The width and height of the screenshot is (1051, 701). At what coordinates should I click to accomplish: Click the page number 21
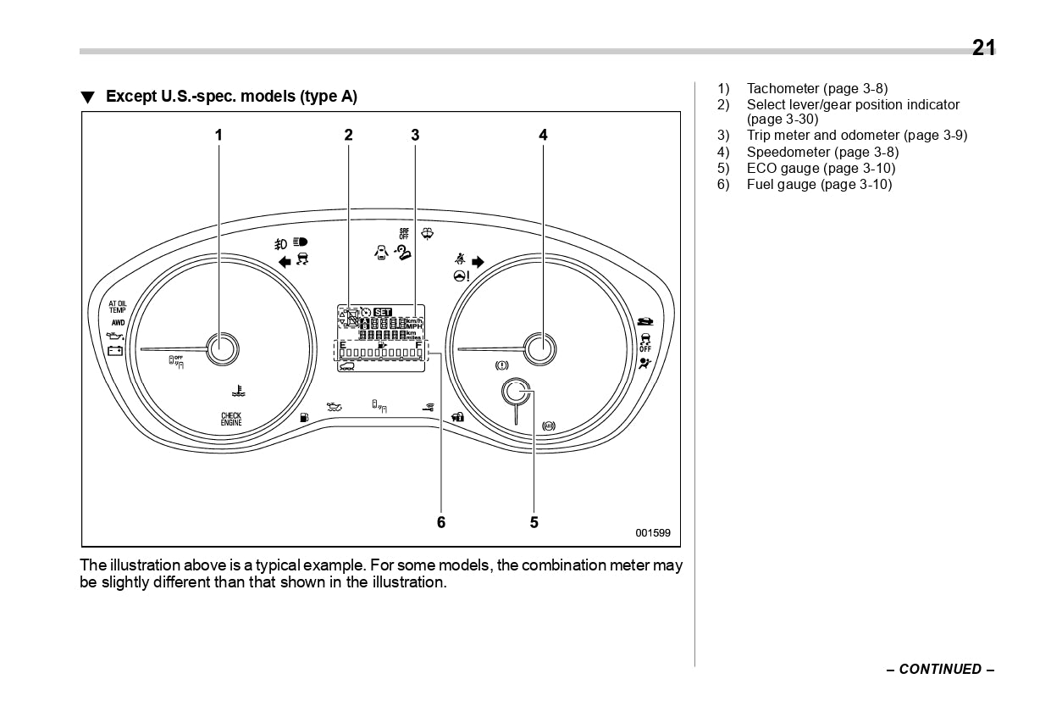(x=983, y=48)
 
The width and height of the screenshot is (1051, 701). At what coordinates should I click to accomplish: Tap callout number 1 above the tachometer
(x=218, y=135)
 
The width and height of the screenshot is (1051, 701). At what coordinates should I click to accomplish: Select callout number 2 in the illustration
(x=348, y=135)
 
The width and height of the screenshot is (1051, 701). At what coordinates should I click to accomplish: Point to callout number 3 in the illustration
(x=415, y=135)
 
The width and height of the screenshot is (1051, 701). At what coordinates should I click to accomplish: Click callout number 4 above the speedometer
(x=543, y=135)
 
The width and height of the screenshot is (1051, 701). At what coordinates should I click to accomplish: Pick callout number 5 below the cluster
(x=534, y=522)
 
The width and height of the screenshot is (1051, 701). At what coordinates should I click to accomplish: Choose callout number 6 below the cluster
(x=441, y=522)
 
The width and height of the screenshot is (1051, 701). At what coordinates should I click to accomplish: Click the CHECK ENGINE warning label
(x=231, y=419)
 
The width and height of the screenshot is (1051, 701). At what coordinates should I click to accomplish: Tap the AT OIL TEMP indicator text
(x=117, y=307)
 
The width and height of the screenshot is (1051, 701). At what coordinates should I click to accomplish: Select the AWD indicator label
(x=118, y=323)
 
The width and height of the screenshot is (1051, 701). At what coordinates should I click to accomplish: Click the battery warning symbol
(x=115, y=351)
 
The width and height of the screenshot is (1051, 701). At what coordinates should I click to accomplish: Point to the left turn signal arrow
(x=285, y=261)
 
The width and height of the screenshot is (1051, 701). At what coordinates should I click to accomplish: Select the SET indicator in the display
(x=383, y=311)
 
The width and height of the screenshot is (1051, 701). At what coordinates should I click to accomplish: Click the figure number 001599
(x=653, y=533)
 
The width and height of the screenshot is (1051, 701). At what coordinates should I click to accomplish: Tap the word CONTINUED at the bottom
(x=940, y=670)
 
